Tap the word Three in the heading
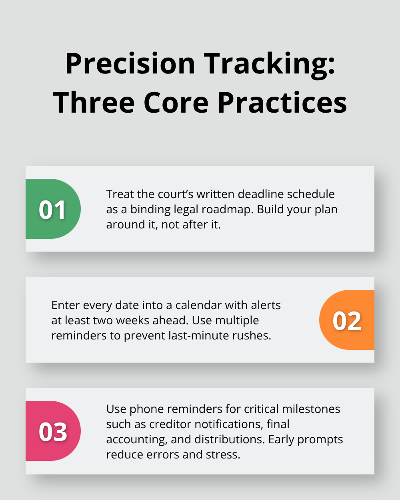click(x=94, y=103)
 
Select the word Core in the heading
click(x=176, y=103)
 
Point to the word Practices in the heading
click(x=282, y=103)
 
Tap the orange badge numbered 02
click(x=347, y=320)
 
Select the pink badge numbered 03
click(x=53, y=431)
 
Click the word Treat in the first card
click(x=120, y=194)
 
